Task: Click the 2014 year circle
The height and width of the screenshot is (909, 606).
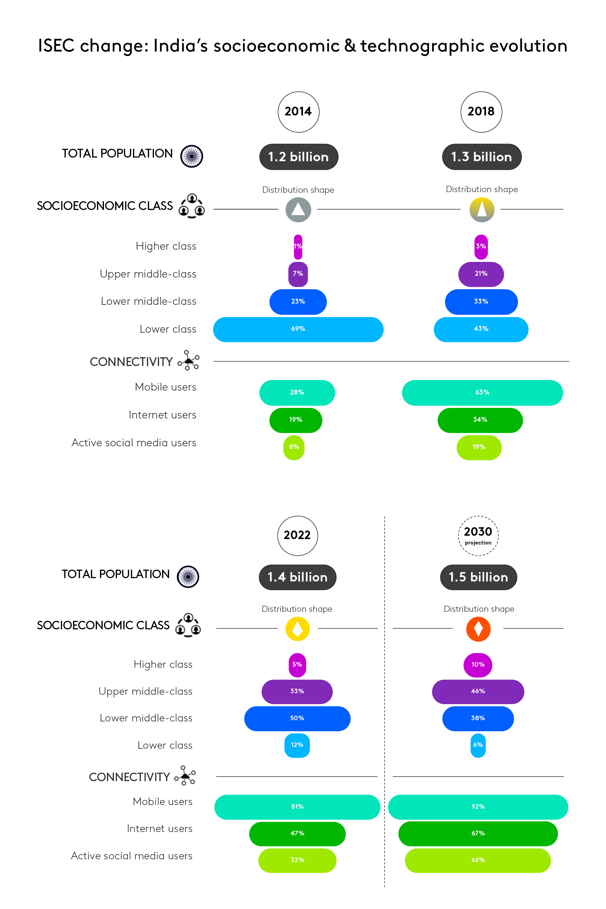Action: pyautogui.click(x=298, y=112)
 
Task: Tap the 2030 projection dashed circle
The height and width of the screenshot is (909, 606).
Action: pyautogui.click(x=478, y=536)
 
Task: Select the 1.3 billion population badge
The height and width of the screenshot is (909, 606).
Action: pyautogui.click(x=481, y=157)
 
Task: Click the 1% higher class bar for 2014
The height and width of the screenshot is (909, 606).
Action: pyautogui.click(x=298, y=247)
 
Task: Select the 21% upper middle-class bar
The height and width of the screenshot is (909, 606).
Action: pyautogui.click(x=481, y=274)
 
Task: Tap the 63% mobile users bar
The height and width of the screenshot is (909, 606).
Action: pyautogui.click(x=482, y=393)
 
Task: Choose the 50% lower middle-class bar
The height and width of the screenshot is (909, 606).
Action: pyautogui.click(x=297, y=718)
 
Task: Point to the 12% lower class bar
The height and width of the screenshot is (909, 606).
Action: pyautogui.click(x=297, y=745)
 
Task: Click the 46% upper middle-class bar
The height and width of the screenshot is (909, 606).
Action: pyautogui.click(x=478, y=691)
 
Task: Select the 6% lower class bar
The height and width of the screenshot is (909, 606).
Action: pyautogui.click(x=478, y=745)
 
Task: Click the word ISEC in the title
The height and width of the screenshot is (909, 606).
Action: pyautogui.click(x=56, y=46)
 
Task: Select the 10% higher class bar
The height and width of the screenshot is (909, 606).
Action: pyautogui.click(x=478, y=665)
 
